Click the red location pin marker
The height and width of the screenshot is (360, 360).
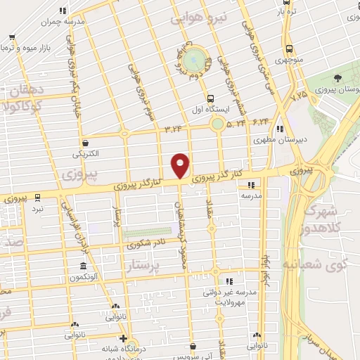coord(181,165)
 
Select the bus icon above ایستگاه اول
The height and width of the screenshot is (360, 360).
coord(211,98)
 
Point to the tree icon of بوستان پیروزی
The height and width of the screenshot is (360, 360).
coord(338,78)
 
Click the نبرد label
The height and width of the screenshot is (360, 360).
coord(37,209)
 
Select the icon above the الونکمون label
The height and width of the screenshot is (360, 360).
coord(84,266)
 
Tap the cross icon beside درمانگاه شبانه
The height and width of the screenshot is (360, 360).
coord(124,337)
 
